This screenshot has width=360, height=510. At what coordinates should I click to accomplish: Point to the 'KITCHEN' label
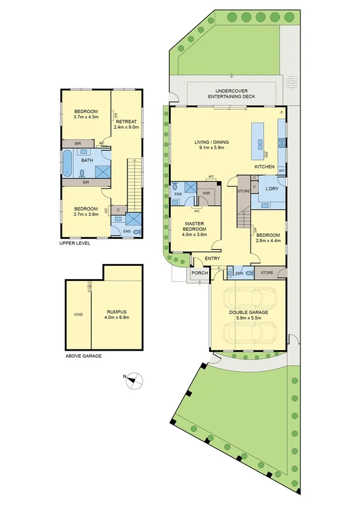click(264, 167)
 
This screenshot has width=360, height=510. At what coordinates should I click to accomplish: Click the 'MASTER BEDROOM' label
click(195, 227)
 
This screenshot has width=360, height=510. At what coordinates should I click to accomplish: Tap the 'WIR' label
click(206, 193)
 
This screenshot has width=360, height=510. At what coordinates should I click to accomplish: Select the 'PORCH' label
click(199, 273)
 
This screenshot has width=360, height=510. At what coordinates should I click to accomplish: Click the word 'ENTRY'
click(212, 259)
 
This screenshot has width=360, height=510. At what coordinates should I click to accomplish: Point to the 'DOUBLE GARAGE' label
click(248, 313)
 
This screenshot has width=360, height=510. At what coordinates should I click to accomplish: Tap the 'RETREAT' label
click(127, 121)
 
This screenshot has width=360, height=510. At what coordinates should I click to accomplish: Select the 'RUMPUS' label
click(117, 311)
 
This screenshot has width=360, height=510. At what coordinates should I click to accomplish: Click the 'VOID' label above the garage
click(78, 315)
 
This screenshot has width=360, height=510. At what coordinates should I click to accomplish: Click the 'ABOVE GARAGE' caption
click(83, 356)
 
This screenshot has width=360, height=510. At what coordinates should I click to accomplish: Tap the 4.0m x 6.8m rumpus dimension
click(117, 318)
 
